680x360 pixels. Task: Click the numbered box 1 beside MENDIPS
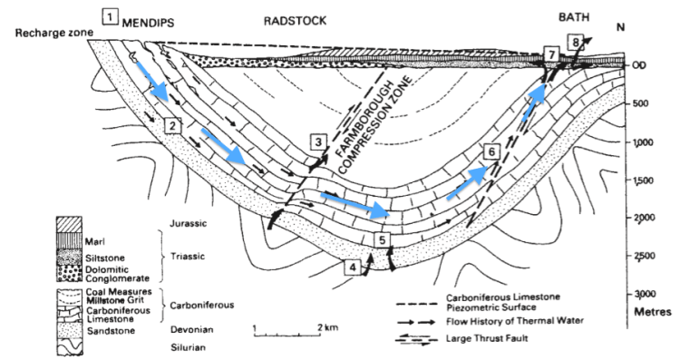[110, 16]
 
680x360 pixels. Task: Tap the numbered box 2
[173, 127]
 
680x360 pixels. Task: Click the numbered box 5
[382, 239]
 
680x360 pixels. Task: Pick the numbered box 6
[491, 151]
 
